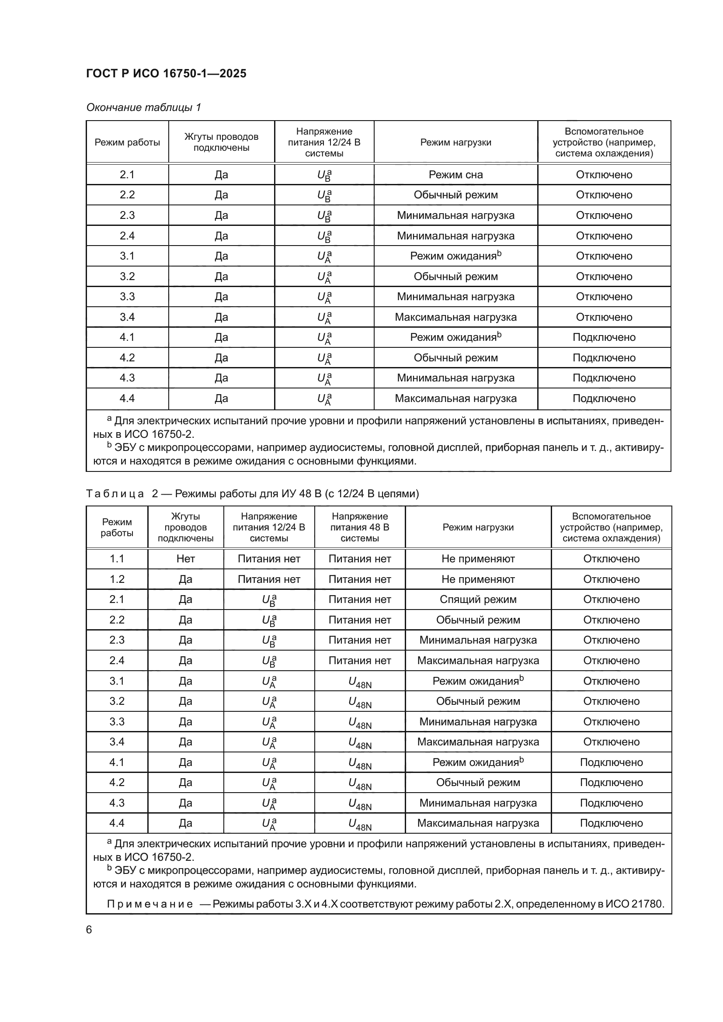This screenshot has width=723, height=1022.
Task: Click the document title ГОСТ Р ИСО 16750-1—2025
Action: click(166, 73)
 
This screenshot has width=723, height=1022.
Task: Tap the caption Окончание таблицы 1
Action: click(143, 107)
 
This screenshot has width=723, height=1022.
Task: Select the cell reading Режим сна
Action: click(455, 174)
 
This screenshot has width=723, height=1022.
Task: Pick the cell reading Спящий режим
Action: click(478, 599)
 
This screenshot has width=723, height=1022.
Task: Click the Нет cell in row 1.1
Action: click(185, 559)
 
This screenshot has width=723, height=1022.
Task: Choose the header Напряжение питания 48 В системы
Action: click(359, 527)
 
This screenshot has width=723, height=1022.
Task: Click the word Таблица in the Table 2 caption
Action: click(115, 494)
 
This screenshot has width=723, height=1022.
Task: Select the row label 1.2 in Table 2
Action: click(117, 579)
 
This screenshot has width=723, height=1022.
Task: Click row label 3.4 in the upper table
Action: click(127, 317)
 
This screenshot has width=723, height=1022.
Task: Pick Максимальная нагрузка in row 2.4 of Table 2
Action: click(478, 661)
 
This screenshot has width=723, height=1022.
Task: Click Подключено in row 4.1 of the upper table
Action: click(604, 337)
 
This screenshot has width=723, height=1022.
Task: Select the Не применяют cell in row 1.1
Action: click(478, 559)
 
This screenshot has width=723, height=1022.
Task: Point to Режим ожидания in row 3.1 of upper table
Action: click(453, 256)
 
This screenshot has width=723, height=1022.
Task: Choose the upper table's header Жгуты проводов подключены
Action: click(221, 142)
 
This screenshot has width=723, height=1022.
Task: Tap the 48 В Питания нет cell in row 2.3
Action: click(359, 640)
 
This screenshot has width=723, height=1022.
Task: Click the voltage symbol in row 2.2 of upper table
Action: click(324, 195)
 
